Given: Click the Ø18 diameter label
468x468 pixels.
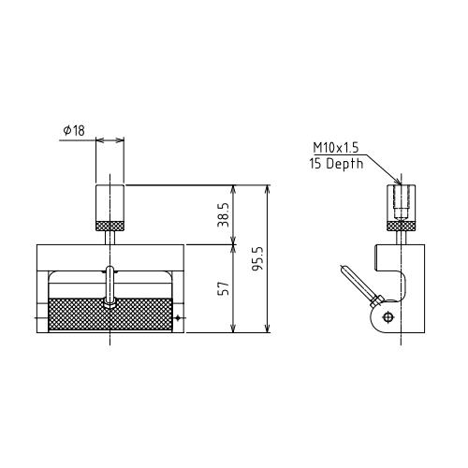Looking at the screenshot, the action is pos(74,130).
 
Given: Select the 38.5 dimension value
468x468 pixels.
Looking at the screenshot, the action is pos(224,214).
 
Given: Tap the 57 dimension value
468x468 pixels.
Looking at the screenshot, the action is pos(224,288).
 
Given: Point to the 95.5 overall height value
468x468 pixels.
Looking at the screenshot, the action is pos(258,258).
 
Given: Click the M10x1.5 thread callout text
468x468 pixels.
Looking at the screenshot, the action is pos(336,148).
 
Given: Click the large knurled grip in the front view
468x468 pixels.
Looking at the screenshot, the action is pos(110,314).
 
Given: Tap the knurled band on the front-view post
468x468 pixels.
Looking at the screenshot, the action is pos(110,226).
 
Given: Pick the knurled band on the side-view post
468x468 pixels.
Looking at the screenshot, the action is pos(402,226).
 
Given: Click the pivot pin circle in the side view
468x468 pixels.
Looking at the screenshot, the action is pos(388,317).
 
